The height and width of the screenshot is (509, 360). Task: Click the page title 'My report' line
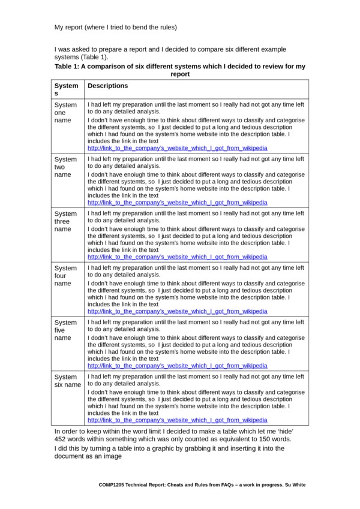point(115,27)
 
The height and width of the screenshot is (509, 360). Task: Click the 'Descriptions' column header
point(108,86)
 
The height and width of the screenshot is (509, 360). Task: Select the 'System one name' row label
point(65,112)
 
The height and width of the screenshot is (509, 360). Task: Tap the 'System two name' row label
point(65,167)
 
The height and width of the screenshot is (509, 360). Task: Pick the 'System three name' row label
point(65,221)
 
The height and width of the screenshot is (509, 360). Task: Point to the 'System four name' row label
point(65,276)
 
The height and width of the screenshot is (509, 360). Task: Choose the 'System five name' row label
point(65,330)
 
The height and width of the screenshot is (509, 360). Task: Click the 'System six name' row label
point(67,381)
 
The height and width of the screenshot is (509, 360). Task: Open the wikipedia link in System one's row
point(177,148)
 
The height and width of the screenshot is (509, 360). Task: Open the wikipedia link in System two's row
point(177,203)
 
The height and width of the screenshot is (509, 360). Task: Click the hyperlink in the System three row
point(177,257)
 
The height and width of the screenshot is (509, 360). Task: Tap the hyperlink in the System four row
point(177,311)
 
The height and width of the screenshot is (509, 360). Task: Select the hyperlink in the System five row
point(177,366)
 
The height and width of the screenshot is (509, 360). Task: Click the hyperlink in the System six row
point(177,420)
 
